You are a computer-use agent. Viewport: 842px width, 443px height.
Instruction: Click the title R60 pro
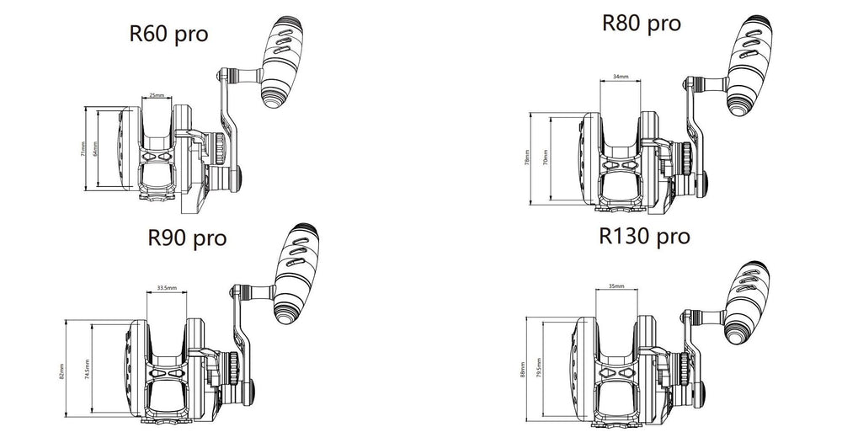tap(169, 35)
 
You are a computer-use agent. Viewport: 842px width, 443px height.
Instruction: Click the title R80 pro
tap(642, 24)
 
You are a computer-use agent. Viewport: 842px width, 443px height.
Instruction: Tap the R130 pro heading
tap(646, 237)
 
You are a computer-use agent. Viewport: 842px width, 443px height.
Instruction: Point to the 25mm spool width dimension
tap(157, 95)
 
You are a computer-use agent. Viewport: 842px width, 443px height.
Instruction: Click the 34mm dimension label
tap(621, 77)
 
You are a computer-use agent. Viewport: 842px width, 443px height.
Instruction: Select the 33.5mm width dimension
tap(167, 288)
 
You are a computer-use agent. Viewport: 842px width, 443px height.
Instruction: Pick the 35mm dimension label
tap(616, 286)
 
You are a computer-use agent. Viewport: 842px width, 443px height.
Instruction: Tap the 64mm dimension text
tap(96, 149)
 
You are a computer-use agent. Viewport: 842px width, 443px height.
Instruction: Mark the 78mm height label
tap(527, 158)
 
